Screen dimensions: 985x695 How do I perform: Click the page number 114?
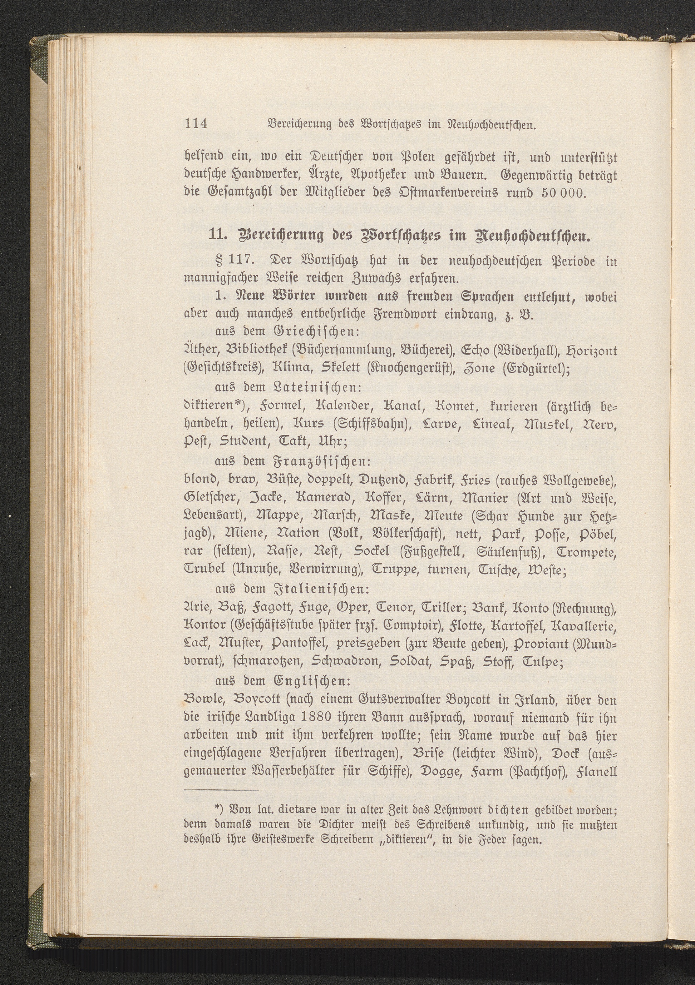[196, 124]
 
